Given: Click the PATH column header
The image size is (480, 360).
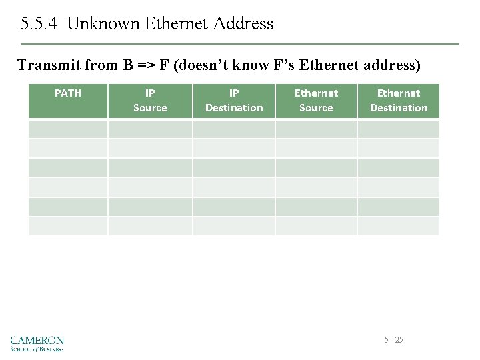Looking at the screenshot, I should click(x=67, y=93).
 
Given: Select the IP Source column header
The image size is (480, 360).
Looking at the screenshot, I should click(x=150, y=101).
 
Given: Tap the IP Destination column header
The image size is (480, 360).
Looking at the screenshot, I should click(x=234, y=101).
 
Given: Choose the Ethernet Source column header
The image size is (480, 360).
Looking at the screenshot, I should click(x=316, y=101).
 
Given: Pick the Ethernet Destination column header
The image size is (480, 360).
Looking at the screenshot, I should click(x=399, y=101).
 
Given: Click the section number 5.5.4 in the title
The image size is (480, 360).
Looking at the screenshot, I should click(x=40, y=24).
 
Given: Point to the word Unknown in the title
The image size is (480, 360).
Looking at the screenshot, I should click(x=99, y=24).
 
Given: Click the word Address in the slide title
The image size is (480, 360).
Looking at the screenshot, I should click(x=243, y=24).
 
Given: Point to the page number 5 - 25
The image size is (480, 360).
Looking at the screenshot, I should click(x=393, y=340).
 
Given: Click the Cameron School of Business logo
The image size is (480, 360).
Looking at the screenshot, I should click(x=37, y=343).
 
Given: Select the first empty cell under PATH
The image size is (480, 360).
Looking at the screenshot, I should click(x=67, y=129).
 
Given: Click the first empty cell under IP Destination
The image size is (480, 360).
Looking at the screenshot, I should click(x=234, y=129).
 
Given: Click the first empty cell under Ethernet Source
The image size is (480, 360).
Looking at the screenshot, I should click(x=316, y=129).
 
